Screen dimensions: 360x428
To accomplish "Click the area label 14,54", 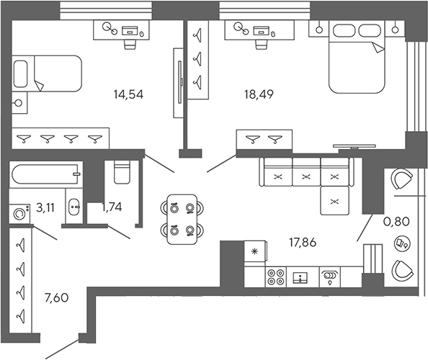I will (133, 93).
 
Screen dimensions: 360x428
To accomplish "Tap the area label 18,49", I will (257, 93).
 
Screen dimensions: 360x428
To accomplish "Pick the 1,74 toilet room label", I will (112, 207).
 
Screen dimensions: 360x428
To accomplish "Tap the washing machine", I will (19, 212).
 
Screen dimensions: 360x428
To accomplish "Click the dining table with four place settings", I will (180, 220).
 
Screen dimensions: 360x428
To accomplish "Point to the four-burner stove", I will (275, 276).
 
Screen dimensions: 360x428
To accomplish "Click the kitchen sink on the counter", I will (300, 276).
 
